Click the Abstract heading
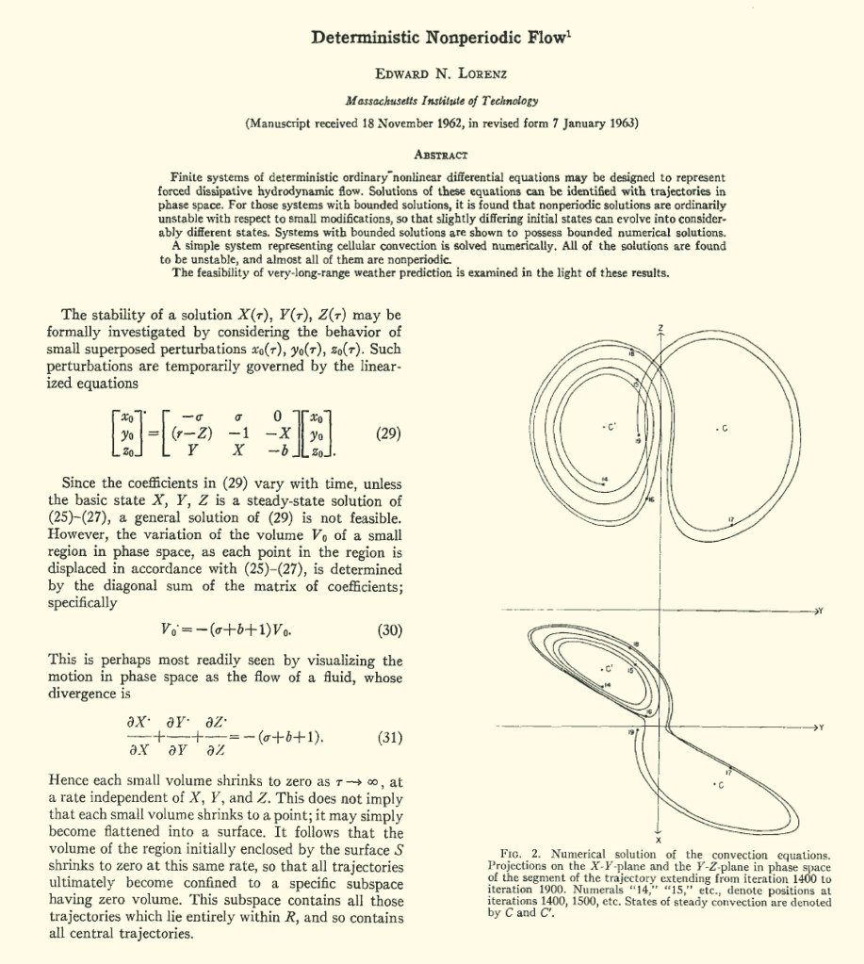point(442,155)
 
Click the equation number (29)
point(390,434)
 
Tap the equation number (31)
point(390,738)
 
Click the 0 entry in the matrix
point(278,416)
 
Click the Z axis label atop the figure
point(660,327)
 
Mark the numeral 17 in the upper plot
point(731,520)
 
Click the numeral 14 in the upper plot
point(605,480)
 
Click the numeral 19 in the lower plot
point(631,732)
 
